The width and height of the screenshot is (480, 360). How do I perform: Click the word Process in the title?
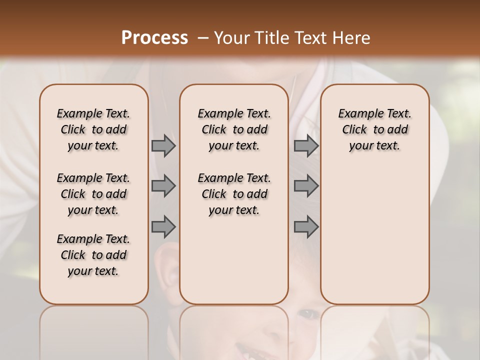coord(154,38)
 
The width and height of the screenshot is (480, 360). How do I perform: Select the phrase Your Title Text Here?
coord(292,38)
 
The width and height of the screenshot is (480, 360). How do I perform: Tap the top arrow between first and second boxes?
coord(163,145)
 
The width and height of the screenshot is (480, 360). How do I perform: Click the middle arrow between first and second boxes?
coord(163,186)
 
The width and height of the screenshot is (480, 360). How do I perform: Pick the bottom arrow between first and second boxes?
coord(163,226)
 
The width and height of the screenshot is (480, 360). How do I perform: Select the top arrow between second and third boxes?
coord(306,145)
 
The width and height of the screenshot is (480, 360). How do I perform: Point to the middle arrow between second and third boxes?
coord(306,186)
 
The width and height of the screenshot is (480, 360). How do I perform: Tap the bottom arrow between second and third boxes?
coord(306,226)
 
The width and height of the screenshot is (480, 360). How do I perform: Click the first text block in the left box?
coord(93,129)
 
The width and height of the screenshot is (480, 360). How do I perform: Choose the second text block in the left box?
coord(93,194)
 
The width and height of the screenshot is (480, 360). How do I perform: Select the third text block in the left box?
coord(93,255)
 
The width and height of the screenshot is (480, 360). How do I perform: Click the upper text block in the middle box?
coord(234,129)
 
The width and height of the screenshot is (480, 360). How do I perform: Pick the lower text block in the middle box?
coord(234,194)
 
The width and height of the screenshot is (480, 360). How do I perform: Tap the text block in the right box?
coord(374,129)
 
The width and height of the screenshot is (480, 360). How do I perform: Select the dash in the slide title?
coord(202,38)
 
